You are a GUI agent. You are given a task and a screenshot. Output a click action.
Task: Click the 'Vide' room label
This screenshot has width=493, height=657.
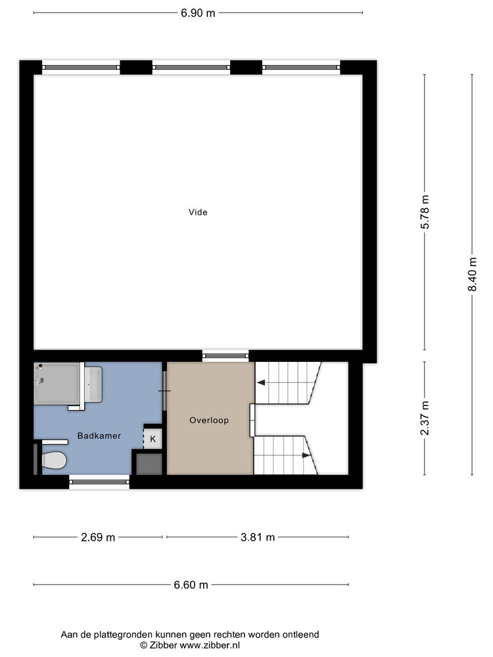pos(198,212)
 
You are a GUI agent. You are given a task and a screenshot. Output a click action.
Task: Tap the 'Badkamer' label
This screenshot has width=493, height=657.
pos(99,436)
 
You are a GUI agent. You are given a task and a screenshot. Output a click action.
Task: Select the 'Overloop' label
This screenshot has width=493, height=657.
pos(209,420)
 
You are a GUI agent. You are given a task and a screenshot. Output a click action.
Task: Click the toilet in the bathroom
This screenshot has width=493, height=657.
pos(53,460)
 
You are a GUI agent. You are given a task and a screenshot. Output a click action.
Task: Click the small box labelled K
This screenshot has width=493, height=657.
pos(153,438)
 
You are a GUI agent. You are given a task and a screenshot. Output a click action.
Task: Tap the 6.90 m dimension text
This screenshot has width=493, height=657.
pos(199,12)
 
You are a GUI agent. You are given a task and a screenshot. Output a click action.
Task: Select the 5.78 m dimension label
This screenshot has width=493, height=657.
pos(425,212)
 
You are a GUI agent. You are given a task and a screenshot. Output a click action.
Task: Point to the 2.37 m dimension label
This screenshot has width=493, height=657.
pos(425,418)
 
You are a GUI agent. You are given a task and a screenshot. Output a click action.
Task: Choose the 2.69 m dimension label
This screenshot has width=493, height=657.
pos(98,537)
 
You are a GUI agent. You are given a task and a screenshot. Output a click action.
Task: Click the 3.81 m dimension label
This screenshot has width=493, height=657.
pos(257,537)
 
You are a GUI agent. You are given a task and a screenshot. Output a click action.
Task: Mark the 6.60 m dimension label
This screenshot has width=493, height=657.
pos(191,585)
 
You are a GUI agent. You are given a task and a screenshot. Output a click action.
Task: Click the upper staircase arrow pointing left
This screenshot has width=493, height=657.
pos(261,382)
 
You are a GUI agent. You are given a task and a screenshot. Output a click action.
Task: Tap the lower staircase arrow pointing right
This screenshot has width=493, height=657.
pos(306,455)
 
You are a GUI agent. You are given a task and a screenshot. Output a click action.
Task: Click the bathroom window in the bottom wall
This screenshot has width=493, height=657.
pos(99,483)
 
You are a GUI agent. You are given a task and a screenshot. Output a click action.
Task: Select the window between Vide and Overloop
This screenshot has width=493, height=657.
pos(225,355)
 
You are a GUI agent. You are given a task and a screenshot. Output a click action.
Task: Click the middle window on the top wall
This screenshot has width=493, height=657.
pos(191,66)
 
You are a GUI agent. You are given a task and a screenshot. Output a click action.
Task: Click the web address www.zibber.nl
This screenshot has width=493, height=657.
pos(211,645)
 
